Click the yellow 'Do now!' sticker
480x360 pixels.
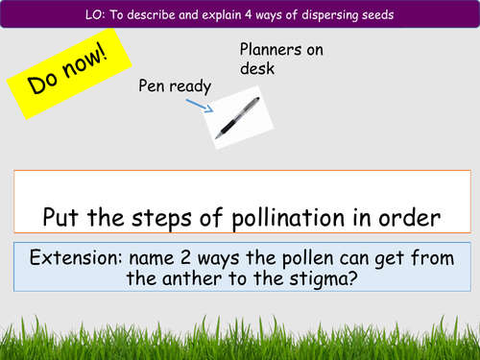(59, 73)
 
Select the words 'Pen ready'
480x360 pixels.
(174, 87)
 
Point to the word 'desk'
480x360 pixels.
(255, 69)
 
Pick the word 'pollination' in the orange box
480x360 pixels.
(287, 217)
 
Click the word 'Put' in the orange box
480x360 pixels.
(59, 217)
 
